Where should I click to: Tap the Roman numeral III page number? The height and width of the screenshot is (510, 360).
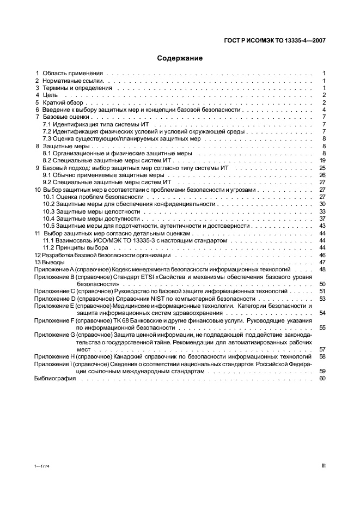click(324, 466)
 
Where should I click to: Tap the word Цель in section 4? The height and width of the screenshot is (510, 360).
click(50, 95)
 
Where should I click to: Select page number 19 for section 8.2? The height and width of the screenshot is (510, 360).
click(322, 161)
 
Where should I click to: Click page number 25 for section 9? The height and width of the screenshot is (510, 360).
click(322, 168)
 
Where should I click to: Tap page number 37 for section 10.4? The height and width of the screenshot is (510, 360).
click(322, 218)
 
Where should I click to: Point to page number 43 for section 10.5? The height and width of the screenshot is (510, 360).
click(322, 226)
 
